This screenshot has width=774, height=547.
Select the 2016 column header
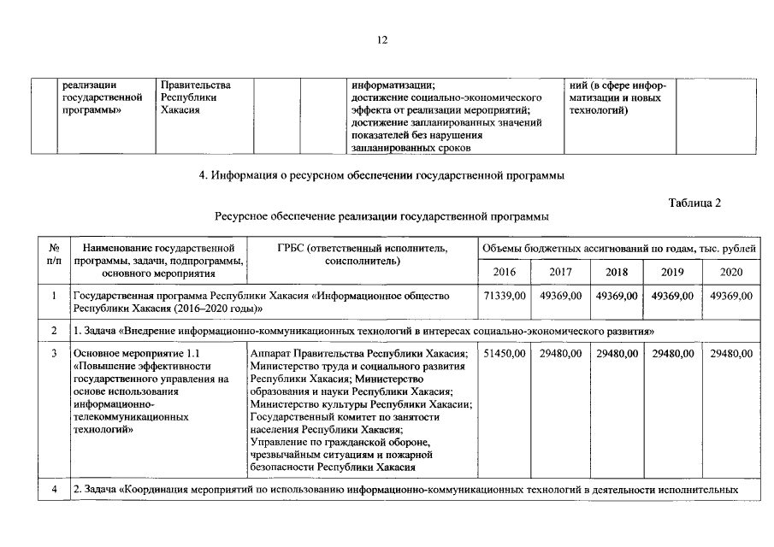click(x=505, y=272)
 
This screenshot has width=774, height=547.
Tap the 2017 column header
click(x=560, y=272)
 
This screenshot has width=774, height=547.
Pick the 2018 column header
click(x=617, y=272)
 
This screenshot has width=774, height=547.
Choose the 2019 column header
click(x=672, y=272)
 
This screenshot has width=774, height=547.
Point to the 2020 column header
click(x=731, y=272)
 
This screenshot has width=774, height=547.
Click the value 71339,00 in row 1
click(x=505, y=296)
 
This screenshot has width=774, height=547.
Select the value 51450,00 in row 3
click(x=505, y=353)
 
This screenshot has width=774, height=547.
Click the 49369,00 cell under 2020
click(x=731, y=296)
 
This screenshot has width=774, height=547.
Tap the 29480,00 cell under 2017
click(x=560, y=353)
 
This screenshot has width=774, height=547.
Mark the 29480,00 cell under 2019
click(x=672, y=353)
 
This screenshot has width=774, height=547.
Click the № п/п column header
click(x=53, y=254)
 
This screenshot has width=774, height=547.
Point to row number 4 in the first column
click(x=53, y=490)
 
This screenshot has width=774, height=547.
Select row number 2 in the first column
click(x=53, y=330)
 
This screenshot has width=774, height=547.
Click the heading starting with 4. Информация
click(x=381, y=176)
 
